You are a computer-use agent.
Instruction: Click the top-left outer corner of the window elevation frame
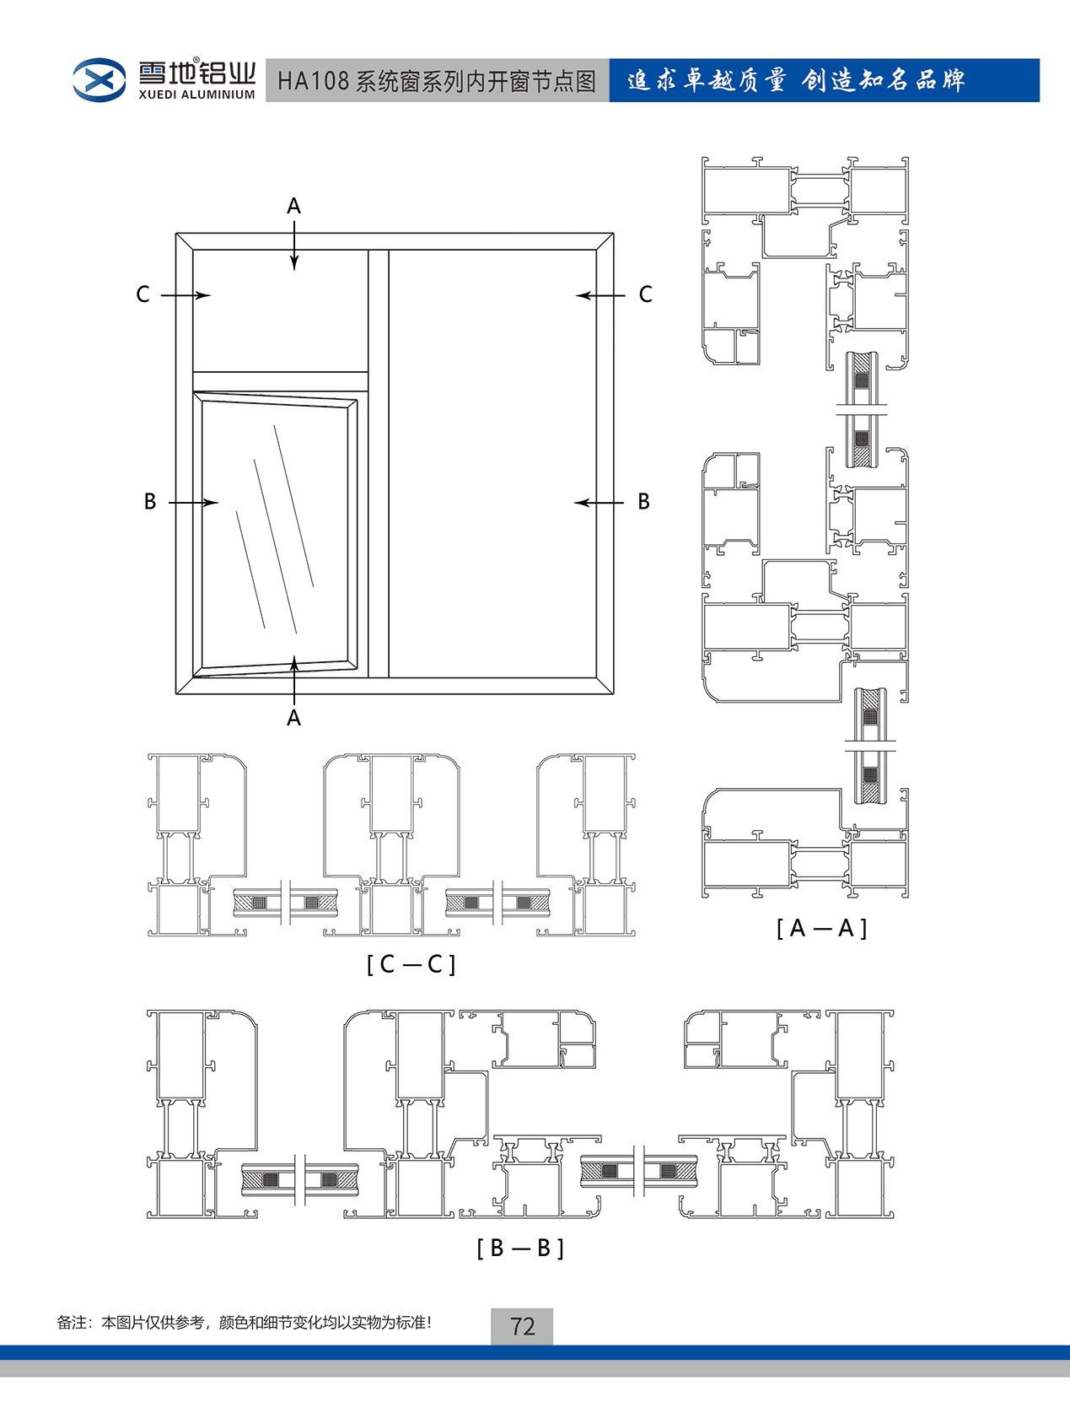coord(176,233)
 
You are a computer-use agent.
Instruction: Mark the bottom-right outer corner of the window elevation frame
coord(613,694)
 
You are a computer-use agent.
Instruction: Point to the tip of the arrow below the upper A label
coord(294,270)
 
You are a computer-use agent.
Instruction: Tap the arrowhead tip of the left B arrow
coord(218,502)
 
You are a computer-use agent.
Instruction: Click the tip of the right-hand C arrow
coord(576,295)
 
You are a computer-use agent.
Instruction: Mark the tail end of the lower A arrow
coord(294,705)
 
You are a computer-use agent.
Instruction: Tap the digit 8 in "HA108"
coord(341,81)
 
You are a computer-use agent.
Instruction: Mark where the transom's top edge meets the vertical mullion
coord(368,371)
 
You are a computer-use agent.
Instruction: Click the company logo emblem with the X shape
coord(99,80)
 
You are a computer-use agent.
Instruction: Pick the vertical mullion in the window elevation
coord(379,463)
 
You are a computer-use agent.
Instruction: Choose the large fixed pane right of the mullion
coord(492,463)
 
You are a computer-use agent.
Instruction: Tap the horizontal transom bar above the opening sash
coord(281,380)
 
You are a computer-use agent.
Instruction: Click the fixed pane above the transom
coord(281,310)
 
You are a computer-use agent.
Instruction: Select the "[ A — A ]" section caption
coord(821,928)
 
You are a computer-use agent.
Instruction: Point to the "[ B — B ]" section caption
coord(520,1248)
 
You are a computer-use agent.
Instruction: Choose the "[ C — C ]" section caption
coord(411,963)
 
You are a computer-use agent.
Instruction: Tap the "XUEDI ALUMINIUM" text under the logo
coord(197,94)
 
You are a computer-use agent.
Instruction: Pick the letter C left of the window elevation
coord(142,294)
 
